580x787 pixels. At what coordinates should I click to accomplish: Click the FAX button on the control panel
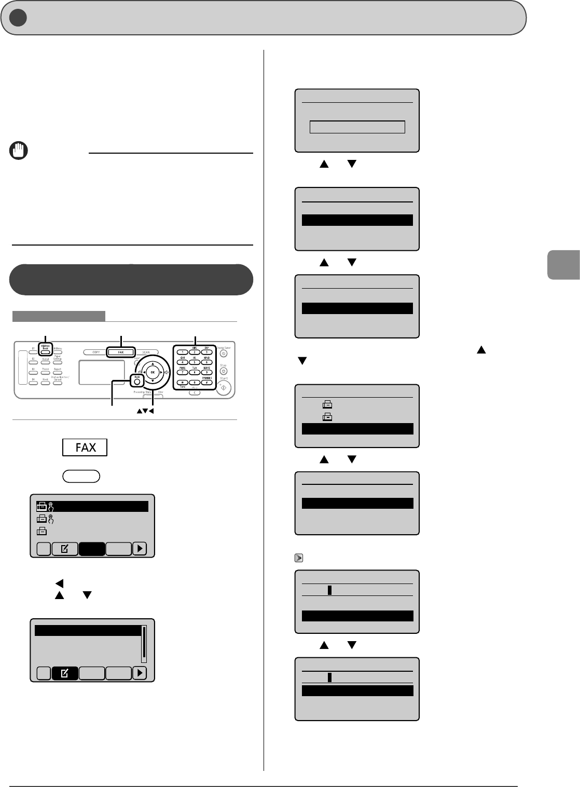(120, 352)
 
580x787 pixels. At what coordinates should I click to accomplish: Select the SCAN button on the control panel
(146, 352)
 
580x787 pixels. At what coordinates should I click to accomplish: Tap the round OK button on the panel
(153, 372)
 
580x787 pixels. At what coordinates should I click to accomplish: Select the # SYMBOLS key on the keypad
(206, 382)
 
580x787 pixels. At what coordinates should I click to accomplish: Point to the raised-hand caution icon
(19, 151)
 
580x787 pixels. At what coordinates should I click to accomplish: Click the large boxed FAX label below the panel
(85, 447)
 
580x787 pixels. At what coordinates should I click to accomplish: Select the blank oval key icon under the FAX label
(81, 476)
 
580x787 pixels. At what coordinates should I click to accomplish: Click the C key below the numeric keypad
(195, 393)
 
